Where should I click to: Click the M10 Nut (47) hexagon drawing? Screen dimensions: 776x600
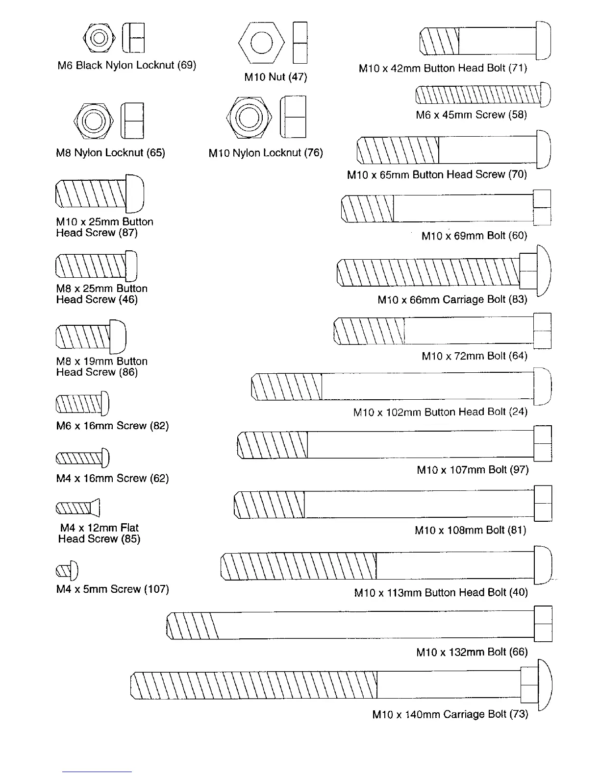coord(261,43)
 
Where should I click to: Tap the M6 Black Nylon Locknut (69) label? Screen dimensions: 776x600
coord(126,65)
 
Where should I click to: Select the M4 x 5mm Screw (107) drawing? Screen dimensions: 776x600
coord(67,571)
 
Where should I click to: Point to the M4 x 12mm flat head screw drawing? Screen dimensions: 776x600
coord(78,508)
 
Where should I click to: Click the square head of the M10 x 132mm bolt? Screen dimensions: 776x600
coord(543,624)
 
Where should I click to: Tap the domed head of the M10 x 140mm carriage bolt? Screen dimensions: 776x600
coord(545,685)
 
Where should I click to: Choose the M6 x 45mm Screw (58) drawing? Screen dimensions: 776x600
coord(483,95)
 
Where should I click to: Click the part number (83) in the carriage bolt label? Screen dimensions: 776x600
coord(518,299)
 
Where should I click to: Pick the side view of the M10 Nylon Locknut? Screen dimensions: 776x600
coord(293,117)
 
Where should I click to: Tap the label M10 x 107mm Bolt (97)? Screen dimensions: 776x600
coord(473,470)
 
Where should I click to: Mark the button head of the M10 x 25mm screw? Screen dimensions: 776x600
coord(135,194)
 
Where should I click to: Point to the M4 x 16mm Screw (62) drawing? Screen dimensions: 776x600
coord(82,458)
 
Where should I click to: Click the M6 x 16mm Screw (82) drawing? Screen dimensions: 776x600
coord(82,404)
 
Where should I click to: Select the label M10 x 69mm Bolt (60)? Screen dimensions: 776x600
coord(474,236)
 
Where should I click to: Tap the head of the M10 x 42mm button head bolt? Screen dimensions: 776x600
coord(543,41)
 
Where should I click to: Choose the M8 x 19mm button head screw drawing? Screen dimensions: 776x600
coord(91,337)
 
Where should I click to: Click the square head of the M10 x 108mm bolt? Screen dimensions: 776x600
coord(543,503)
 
